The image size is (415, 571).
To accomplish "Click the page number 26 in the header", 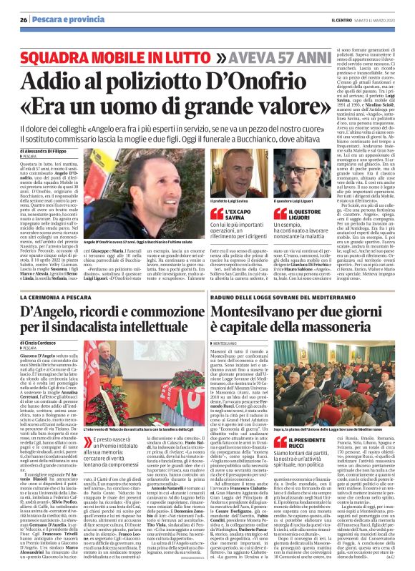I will [x=23, y=19].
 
